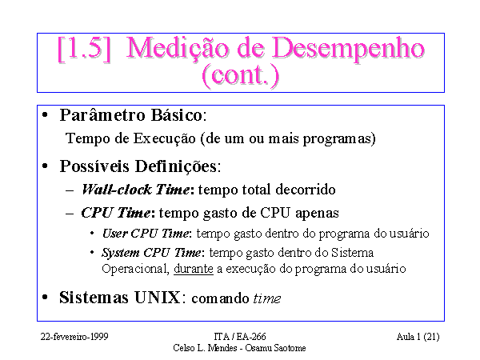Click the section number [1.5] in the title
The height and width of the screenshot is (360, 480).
pyautogui.click(x=84, y=49)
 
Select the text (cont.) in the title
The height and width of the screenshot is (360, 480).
pyautogui.click(x=241, y=75)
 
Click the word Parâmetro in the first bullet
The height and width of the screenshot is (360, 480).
pyautogui.click(x=102, y=115)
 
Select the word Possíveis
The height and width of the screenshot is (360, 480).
pyautogui.click(x=94, y=166)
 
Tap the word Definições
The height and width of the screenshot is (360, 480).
pyautogui.click(x=178, y=166)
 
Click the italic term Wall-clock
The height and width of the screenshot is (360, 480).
pyautogui.click(x=117, y=190)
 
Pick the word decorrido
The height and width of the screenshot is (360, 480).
pyautogui.click(x=306, y=190)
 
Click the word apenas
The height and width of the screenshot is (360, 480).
pyautogui.click(x=317, y=214)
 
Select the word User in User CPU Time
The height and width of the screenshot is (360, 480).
pyautogui.click(x=114, y=234)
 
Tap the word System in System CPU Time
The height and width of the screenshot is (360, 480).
pyautogui.click(x=121, y=254)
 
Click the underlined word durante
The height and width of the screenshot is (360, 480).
pyautogui.click(x=194, y=269)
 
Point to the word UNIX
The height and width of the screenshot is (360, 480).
pyautogui.click(x=158, y=298)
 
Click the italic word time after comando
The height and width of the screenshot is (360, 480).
pyautogui.click(x=267, y=298)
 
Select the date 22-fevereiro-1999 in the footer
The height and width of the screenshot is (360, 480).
pyautogui.click(x=74, y=337)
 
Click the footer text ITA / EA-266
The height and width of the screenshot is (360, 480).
pyautogui.click(x=240, y=337)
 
